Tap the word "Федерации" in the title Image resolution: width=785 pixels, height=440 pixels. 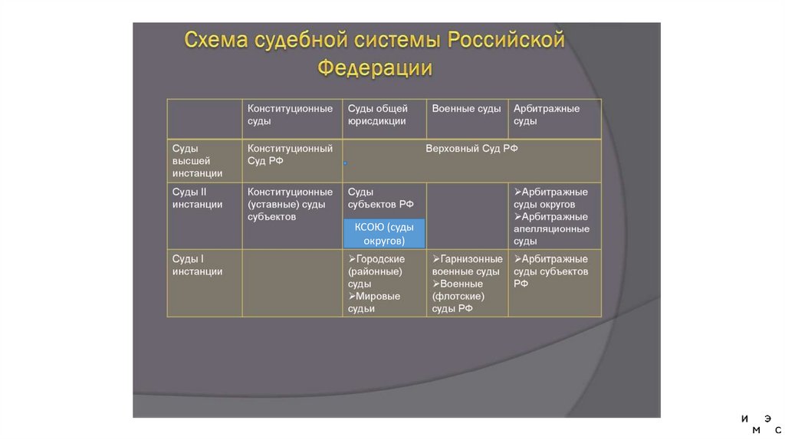click(375, 67)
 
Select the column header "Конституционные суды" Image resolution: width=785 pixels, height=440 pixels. click(290, 114)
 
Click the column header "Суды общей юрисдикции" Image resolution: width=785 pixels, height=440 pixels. click(377, 114)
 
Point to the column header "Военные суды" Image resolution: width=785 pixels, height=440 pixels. click(466, 109)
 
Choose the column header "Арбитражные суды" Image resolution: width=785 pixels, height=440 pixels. click(547, 114)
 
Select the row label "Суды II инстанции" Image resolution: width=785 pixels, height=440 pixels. click(197, 198)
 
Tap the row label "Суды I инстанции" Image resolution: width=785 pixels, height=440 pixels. click(197, 265)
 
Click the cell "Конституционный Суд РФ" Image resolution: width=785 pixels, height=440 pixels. click(290, 154)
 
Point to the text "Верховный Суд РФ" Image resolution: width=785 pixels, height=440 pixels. click(471, 149)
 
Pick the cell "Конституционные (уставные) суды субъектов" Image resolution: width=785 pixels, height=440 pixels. click(290, 204)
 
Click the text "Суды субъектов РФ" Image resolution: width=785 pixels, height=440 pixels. click(380, 198)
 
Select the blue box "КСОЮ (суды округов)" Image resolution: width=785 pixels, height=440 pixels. click(384, 233)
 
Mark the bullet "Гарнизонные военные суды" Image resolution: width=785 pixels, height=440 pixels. click(467, 265)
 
